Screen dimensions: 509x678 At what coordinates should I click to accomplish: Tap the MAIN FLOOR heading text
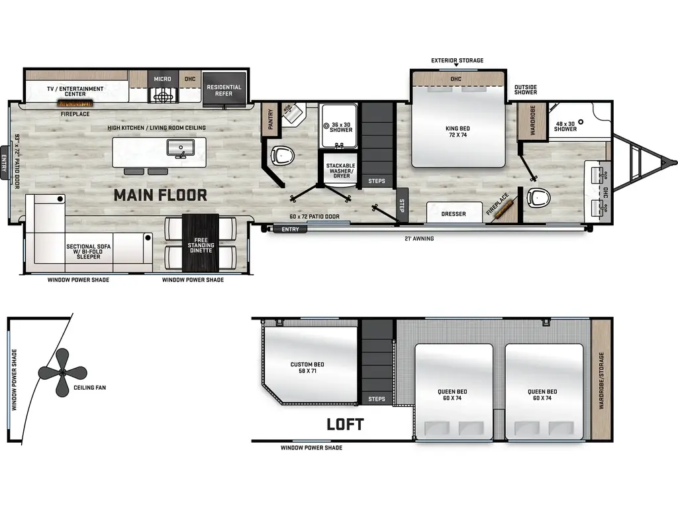160,195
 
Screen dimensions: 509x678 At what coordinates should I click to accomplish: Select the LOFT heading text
345,424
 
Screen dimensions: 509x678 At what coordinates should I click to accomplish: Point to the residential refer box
224,90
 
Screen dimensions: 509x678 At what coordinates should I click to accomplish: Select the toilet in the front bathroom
539,198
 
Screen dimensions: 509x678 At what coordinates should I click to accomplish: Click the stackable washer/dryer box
340,171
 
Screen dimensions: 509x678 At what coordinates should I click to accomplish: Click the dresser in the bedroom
454,213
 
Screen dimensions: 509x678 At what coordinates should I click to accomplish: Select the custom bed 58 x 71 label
307,368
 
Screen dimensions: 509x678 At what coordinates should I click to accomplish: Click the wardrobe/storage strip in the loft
601,381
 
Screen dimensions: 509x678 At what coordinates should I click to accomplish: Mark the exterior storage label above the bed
457,60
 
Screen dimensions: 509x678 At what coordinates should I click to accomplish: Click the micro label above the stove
162,79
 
